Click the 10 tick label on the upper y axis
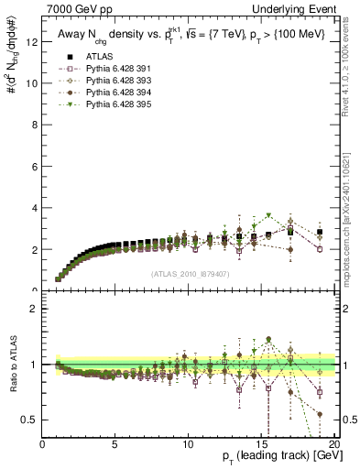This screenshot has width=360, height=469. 32,82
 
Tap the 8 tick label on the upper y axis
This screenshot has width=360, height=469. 35,125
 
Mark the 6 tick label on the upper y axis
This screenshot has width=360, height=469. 35,166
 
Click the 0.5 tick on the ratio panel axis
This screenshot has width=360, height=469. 31,420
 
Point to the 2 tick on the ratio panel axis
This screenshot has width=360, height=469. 35,309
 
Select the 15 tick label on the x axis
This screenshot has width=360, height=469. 260,444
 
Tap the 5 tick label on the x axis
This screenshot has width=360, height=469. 115,444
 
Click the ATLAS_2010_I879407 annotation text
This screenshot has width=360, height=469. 189,274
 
